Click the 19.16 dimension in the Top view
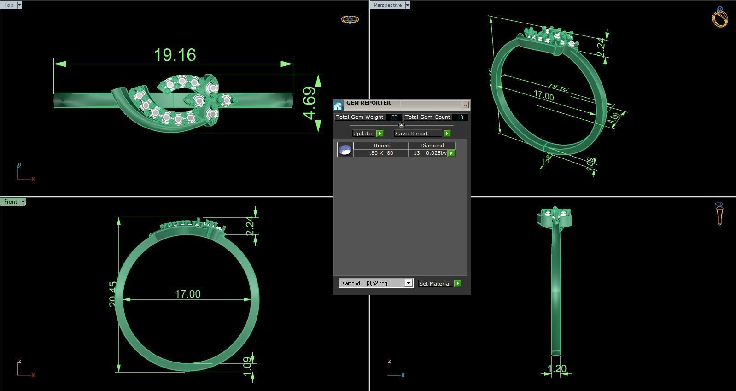click(175, 55)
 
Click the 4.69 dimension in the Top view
click(310, 103)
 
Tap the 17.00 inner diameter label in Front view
click(187, 294)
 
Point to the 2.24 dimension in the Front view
click(250, 226)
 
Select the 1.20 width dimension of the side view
click(557, 368)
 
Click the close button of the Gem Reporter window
click(465, 105)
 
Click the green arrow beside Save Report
click(447, 134)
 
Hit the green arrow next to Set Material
click(457, 284)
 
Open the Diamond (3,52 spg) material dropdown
click(408, 283)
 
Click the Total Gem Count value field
click(460, 117)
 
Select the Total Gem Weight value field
click(394, 117)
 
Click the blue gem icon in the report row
click(345, 150)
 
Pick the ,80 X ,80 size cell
click(381, 153)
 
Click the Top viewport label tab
click(9, 5)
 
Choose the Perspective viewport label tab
click(387, 5)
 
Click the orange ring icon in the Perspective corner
click(719, 18)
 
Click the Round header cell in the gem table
click(382, 146)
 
